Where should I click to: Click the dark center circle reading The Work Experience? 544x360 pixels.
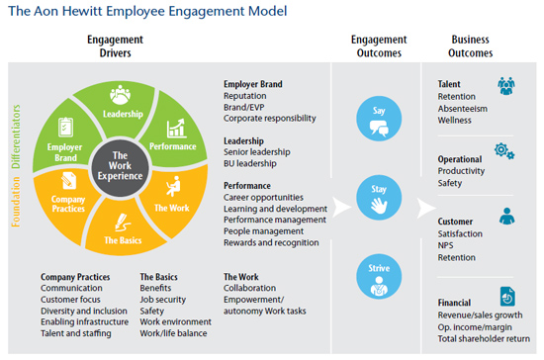coord(121,165)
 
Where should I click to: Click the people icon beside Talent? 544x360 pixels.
coord(505,86)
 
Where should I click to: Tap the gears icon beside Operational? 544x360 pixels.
coord(503,150)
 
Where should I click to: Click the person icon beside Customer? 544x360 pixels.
coord(505,216)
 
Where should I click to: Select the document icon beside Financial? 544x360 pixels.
coord(505,295)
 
